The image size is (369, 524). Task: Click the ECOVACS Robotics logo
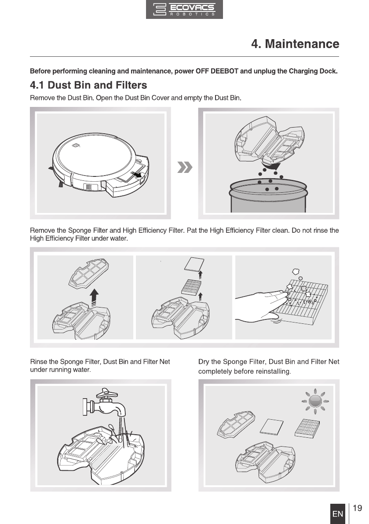click(x=184, y=9)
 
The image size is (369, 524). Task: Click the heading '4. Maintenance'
click(x=295, y=44)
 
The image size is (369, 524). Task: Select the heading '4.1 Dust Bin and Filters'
click(x=88, y=85)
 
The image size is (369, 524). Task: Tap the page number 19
click(x=357, y=508)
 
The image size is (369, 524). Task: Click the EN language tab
click(x=338, y=513)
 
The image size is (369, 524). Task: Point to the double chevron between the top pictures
click(x=185, y=167)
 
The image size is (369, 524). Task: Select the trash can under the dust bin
click(x=268, y=195)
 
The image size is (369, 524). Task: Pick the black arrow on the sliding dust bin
click(x=137, y=175)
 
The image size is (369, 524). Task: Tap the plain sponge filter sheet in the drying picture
click(x=271, y=427)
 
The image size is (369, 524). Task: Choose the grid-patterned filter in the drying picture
click(x=307, y=428)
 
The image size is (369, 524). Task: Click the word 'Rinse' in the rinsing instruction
click(x=39, y=362)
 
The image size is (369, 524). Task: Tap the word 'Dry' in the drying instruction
click(x=204, y=362)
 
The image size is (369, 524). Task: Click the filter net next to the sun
click(x=236, y=424)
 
